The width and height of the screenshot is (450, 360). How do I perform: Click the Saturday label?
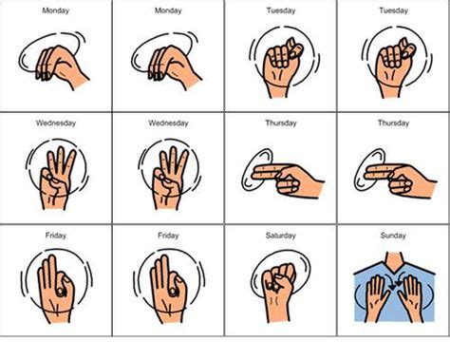pos(281,235)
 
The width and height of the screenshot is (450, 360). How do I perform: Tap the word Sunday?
pos(393,235)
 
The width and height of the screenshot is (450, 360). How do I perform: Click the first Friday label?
pos(56,235)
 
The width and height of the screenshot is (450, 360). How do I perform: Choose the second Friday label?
pos(168,235)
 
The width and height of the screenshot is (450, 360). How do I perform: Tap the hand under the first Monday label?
pos(59,62)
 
